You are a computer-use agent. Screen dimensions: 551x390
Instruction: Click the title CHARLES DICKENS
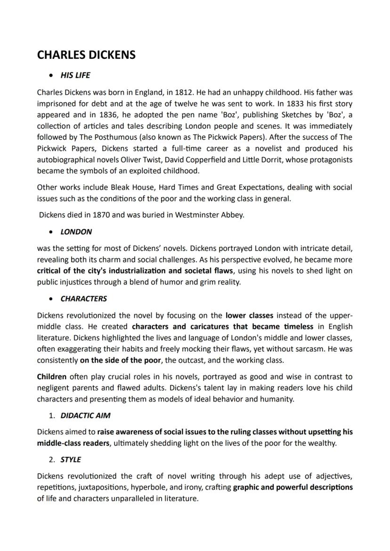(x=86, y=55)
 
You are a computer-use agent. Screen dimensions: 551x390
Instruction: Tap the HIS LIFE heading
(x=75, y=75)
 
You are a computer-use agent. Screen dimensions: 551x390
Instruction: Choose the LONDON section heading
(x=76, y=232)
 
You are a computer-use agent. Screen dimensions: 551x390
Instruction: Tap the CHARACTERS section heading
(x=83, y=299)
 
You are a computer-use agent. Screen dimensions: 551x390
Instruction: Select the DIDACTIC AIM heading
(x=85, y=416)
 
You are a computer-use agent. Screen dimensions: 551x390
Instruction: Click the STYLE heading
(x=70, y=460)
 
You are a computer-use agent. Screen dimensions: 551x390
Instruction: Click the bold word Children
(x=52, y=377)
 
